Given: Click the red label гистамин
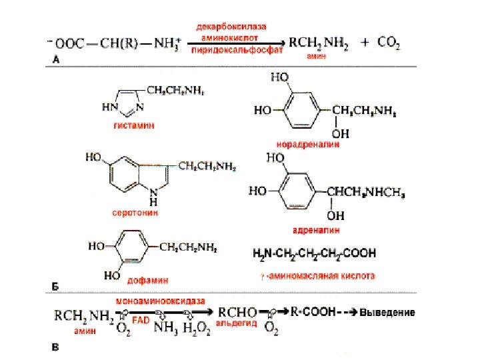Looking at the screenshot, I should tap(130, 125).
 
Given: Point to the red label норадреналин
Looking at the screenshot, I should tap(308, 143).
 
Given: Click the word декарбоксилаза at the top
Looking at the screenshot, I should tap(231, 27).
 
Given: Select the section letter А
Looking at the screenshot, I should tap(57, 59).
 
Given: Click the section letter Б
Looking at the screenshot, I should tap(57, 287).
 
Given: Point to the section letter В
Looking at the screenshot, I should tap(57, 347).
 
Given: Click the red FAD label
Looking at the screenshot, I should tap(141, 321).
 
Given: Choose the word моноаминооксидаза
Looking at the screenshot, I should tap(161, 300).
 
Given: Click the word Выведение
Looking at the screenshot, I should tap(387, 312).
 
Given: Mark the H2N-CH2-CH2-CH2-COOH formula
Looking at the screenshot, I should tap(313, 254).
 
